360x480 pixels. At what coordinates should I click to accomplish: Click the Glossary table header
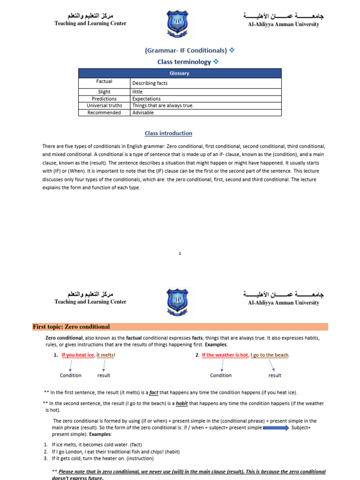(180, 73)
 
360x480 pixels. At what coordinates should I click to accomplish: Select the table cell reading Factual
(104, 82)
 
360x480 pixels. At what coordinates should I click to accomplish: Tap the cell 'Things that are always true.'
(163, 105)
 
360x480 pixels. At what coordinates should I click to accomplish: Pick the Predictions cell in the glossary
(104, 99)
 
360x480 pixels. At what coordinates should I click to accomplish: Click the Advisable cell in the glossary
(143, 112)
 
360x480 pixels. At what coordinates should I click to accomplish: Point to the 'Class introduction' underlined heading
(168, 133)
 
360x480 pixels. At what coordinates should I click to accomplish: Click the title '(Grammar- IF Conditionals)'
(186, 50)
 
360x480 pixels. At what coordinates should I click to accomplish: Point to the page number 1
(180, 254)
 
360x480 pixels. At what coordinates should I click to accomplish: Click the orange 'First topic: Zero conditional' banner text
(71, 327)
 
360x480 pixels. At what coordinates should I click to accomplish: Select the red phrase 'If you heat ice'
(78, 355)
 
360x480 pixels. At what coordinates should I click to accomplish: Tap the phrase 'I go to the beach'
(270, 355)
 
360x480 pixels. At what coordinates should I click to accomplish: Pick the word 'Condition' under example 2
(221, 375)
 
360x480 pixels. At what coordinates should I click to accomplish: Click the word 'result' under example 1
(104, 375)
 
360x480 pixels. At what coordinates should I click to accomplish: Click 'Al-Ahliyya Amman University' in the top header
(283, 24)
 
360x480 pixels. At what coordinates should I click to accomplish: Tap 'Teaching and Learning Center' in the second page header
(90, 302)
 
